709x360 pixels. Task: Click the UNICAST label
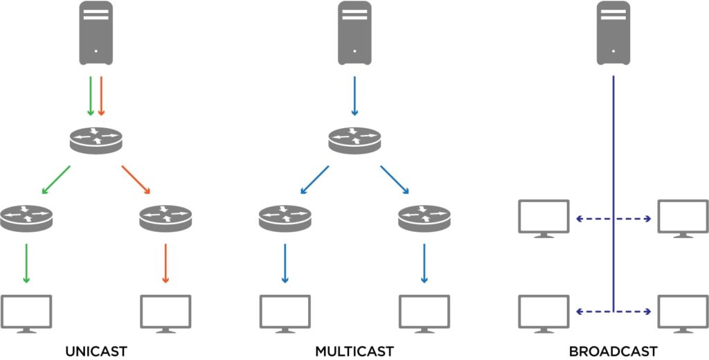click(x=96, y=351)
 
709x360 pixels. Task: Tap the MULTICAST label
click(x=354, y=351)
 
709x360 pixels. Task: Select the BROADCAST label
click(x=613, y=351)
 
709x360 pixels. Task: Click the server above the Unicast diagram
click(x=96, y=33)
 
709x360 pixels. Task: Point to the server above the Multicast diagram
click(x=354, y=33)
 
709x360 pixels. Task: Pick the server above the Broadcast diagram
click(x=613, y=33)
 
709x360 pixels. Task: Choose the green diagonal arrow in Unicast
click(x=56, y=179)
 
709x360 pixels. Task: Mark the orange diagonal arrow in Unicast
click(x=136, y=179)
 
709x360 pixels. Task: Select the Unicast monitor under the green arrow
click(x=26, y=313)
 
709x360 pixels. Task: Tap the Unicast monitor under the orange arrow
click(x=165, y=313)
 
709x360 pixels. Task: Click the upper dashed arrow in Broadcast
click(x=613, y=219)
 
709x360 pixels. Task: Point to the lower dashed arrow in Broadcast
click(x=613, y=312)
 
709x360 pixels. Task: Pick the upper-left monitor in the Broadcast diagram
click(x=544, y=218)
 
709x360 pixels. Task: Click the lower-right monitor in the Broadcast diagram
click(x=683, y=313)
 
